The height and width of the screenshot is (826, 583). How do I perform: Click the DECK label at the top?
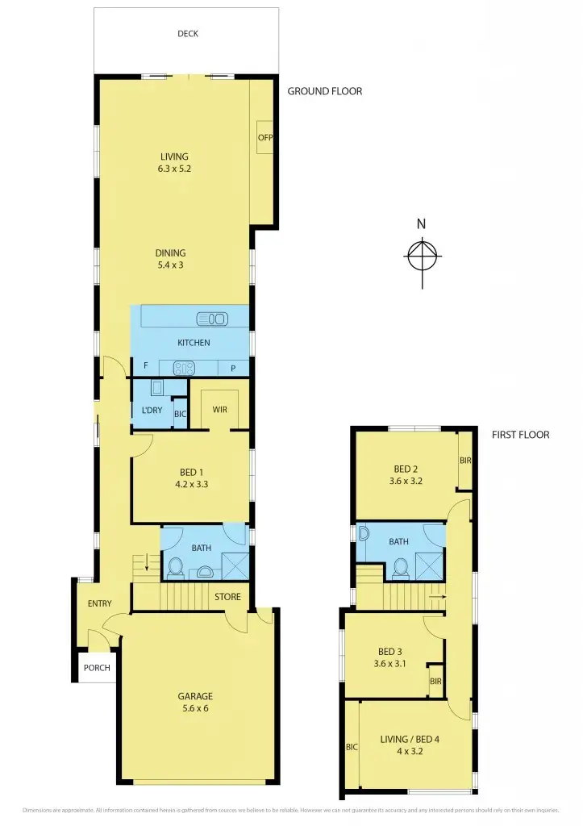pyautogui.click(x=187, y=34)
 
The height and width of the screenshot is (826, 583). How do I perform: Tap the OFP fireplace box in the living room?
pyautogui.click(x=265, y=137)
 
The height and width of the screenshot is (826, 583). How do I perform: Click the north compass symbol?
pyautogui.click(x=422, y=257)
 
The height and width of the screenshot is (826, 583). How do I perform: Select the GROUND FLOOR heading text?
pyautogui.click(x=325, y=91)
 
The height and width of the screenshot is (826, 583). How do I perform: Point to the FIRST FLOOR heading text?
pyautogui.click(x=520, y=435)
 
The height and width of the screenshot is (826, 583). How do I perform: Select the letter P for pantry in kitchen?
pyautogui.click(x=233, y=368)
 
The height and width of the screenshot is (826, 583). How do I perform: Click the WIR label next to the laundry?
pyautogui.click(x=219, y=410)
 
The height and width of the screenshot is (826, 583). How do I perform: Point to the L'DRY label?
pyautogui.click(x=152, y=411)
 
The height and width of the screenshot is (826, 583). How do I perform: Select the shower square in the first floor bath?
pyautogui.click(x=430, y=567)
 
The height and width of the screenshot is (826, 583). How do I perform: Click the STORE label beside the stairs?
pyautogui.click(x=227, y=597)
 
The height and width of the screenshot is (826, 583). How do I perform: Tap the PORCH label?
pyautogui.click(x=97, y=667)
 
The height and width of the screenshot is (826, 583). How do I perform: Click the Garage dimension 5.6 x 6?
pyautogui.click(x=195, y=708)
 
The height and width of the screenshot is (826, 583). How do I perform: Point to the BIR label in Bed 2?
pyautogui.click(x=464, y=461)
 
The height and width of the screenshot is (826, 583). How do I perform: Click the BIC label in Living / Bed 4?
pyautogui.click(x=352, y=747)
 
